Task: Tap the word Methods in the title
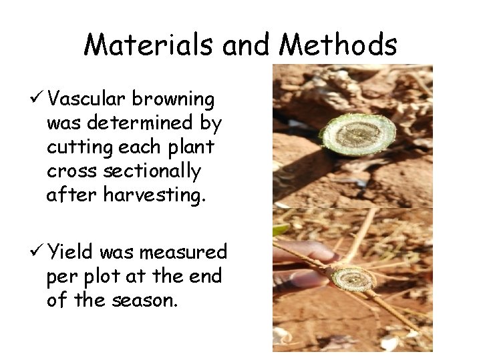point(338,45)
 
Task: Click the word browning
point(173,100)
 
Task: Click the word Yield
point(71,252)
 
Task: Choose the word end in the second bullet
point(206,276)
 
